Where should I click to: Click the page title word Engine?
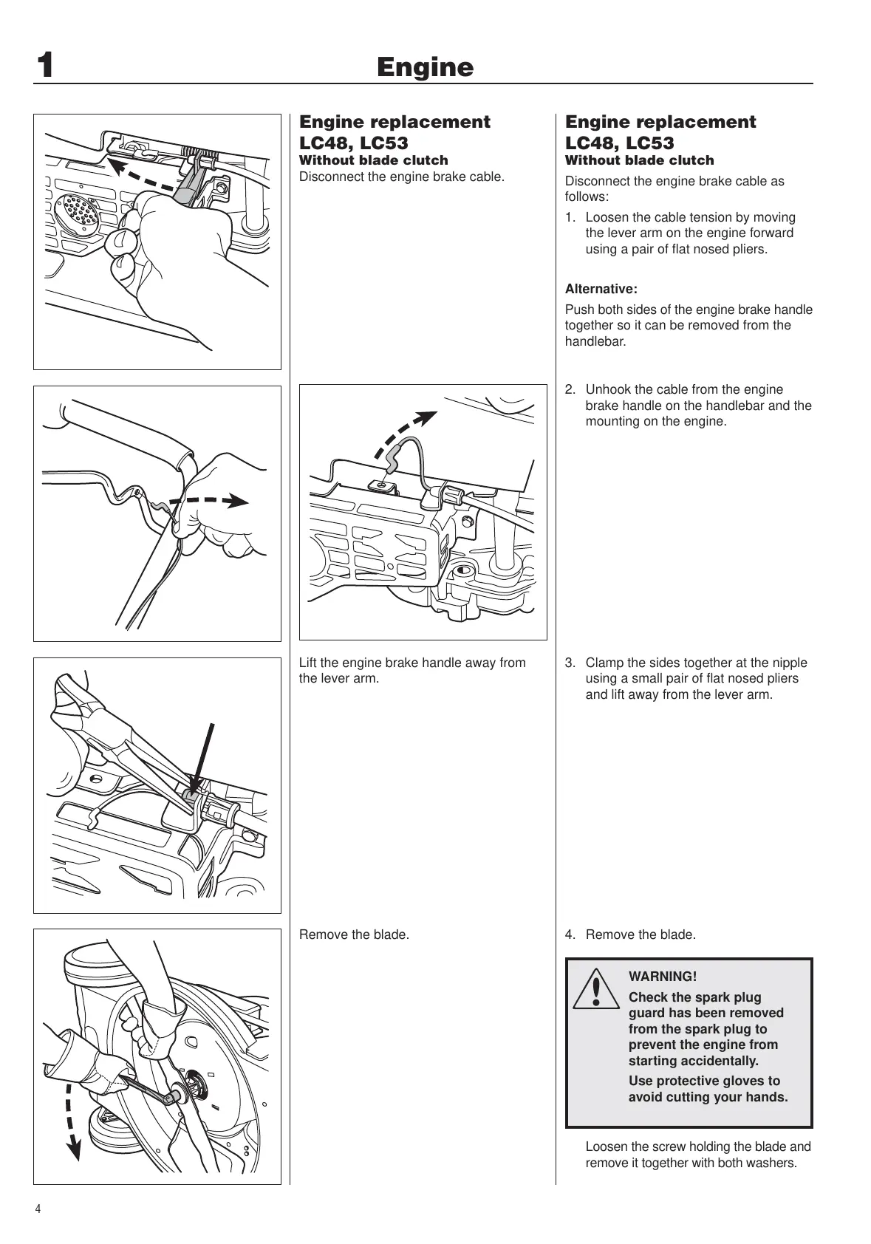click(425, 67)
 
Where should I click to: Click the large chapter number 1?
click(45, 66)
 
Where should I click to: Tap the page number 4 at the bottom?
click(38, 1209)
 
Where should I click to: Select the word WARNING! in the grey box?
click(662, 977)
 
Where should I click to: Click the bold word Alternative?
click(601, 289)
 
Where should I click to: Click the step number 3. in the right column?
click(570, 663)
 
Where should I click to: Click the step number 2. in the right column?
click(570, 390)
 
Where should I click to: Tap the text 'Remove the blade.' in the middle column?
click(354, 935)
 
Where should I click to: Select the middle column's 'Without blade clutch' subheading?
click(373, 160)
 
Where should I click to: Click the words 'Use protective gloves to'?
click(704, 1081)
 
